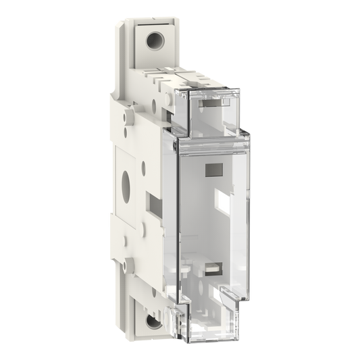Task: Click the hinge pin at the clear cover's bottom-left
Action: coord(180,307)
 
